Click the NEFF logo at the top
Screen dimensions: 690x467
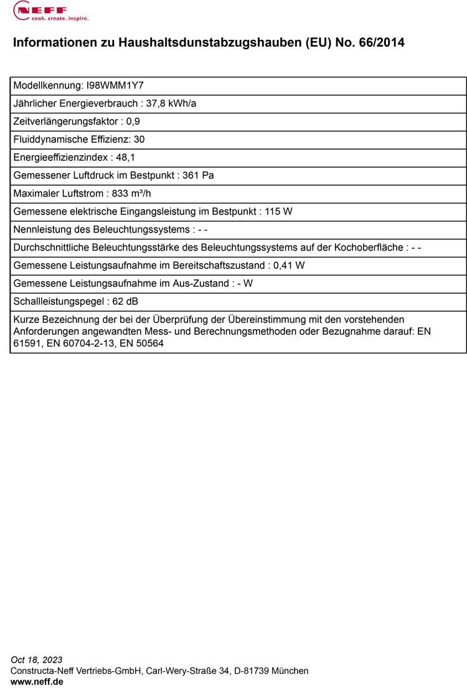[50, 11]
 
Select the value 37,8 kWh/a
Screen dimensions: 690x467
[171, 103]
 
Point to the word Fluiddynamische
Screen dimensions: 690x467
[49, 140]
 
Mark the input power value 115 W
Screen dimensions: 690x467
[278, 211]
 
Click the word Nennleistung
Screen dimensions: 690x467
[41, 229]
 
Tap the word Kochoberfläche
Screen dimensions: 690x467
[369, 247]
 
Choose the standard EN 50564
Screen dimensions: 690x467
[142, 343]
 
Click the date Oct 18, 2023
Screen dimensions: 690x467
[37, 659]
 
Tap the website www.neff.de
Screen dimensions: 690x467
[37, 682]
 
